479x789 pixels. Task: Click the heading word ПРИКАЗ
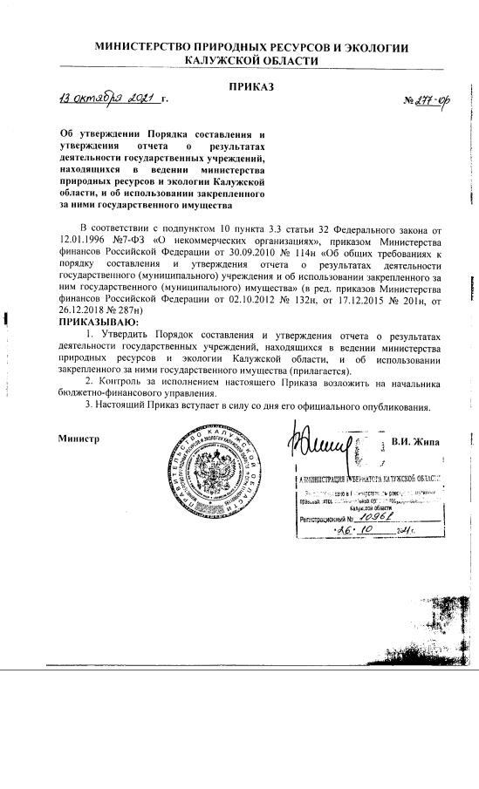pyautogui.click(x=251, y=86)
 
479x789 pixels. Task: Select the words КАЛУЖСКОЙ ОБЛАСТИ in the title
pyautogui.click(x=250, y=62)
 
